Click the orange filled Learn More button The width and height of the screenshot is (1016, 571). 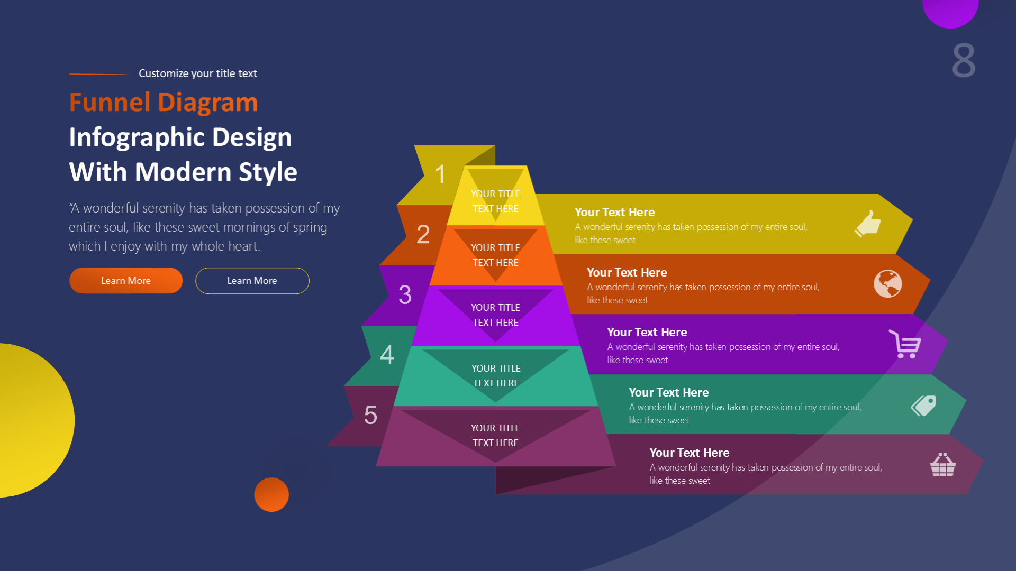point(126,281)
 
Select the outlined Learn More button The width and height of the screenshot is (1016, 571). point(252,281)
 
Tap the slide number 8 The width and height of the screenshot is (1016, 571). point(964,61)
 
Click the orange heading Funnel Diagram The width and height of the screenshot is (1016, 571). point(164,102)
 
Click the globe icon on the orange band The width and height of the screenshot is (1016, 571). point(887,284)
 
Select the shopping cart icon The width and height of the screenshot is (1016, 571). point(905,344)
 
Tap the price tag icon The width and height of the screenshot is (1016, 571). point(924,406)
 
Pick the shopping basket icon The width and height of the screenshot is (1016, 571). point(942,465)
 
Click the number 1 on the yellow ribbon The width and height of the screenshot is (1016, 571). point(440,174)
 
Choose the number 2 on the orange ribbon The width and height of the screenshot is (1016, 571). point(423,234)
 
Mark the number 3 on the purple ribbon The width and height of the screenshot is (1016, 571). point(405,294)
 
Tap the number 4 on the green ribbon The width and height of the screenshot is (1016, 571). point(387,354)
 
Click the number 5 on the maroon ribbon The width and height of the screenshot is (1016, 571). point(370,415)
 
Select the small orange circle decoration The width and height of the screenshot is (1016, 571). point(271,495)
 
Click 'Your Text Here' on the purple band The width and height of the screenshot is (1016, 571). point(647,332)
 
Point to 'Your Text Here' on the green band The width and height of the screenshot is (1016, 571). point(668,392)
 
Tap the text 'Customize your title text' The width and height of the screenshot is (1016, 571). point(197,73)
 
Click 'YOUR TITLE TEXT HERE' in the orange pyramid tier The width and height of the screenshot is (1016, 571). point(495,255)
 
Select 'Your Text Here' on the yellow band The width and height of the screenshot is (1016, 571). point(614,212)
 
